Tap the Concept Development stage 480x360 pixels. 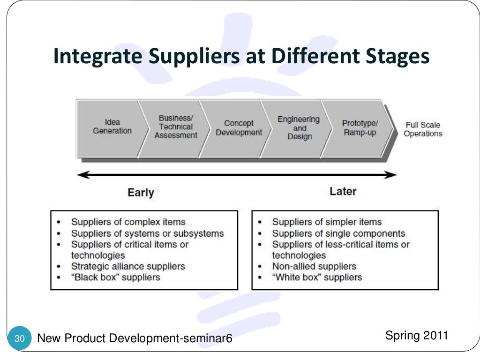(x=239, y=128)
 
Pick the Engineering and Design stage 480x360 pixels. (x=299, y=128)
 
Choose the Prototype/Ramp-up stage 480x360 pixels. (x=360, y=128)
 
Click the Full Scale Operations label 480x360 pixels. (x=423, y=129)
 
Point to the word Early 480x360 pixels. (x=141, y=193)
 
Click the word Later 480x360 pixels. (x=343, y=191)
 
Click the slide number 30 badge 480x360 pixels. (x=20, y=338)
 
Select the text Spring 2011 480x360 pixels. (x=416, y=336)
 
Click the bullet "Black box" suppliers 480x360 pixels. (x=115, y=277)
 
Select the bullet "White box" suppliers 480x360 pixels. (x=317, y=277)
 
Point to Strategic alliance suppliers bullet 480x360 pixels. (x=128, y=266)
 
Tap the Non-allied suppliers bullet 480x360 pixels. (x=314, y=266)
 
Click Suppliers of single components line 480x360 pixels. (x=338, y=233)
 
